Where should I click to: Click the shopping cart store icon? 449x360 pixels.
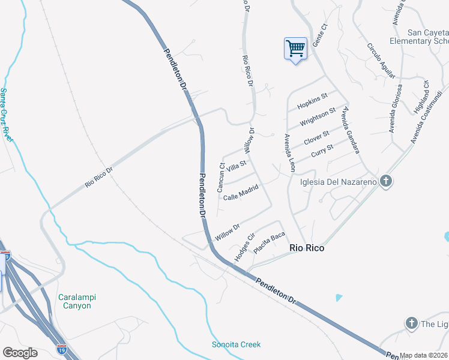coord(295,49)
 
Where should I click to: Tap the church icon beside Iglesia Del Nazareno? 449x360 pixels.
coord(386,181)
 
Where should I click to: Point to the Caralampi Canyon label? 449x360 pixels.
coord(77,301)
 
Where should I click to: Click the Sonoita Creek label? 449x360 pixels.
coord(237,344)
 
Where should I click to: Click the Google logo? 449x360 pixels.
coord(20,353)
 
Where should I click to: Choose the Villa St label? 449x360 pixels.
coord(236,166)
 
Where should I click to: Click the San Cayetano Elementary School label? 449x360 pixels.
coord(419,37)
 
